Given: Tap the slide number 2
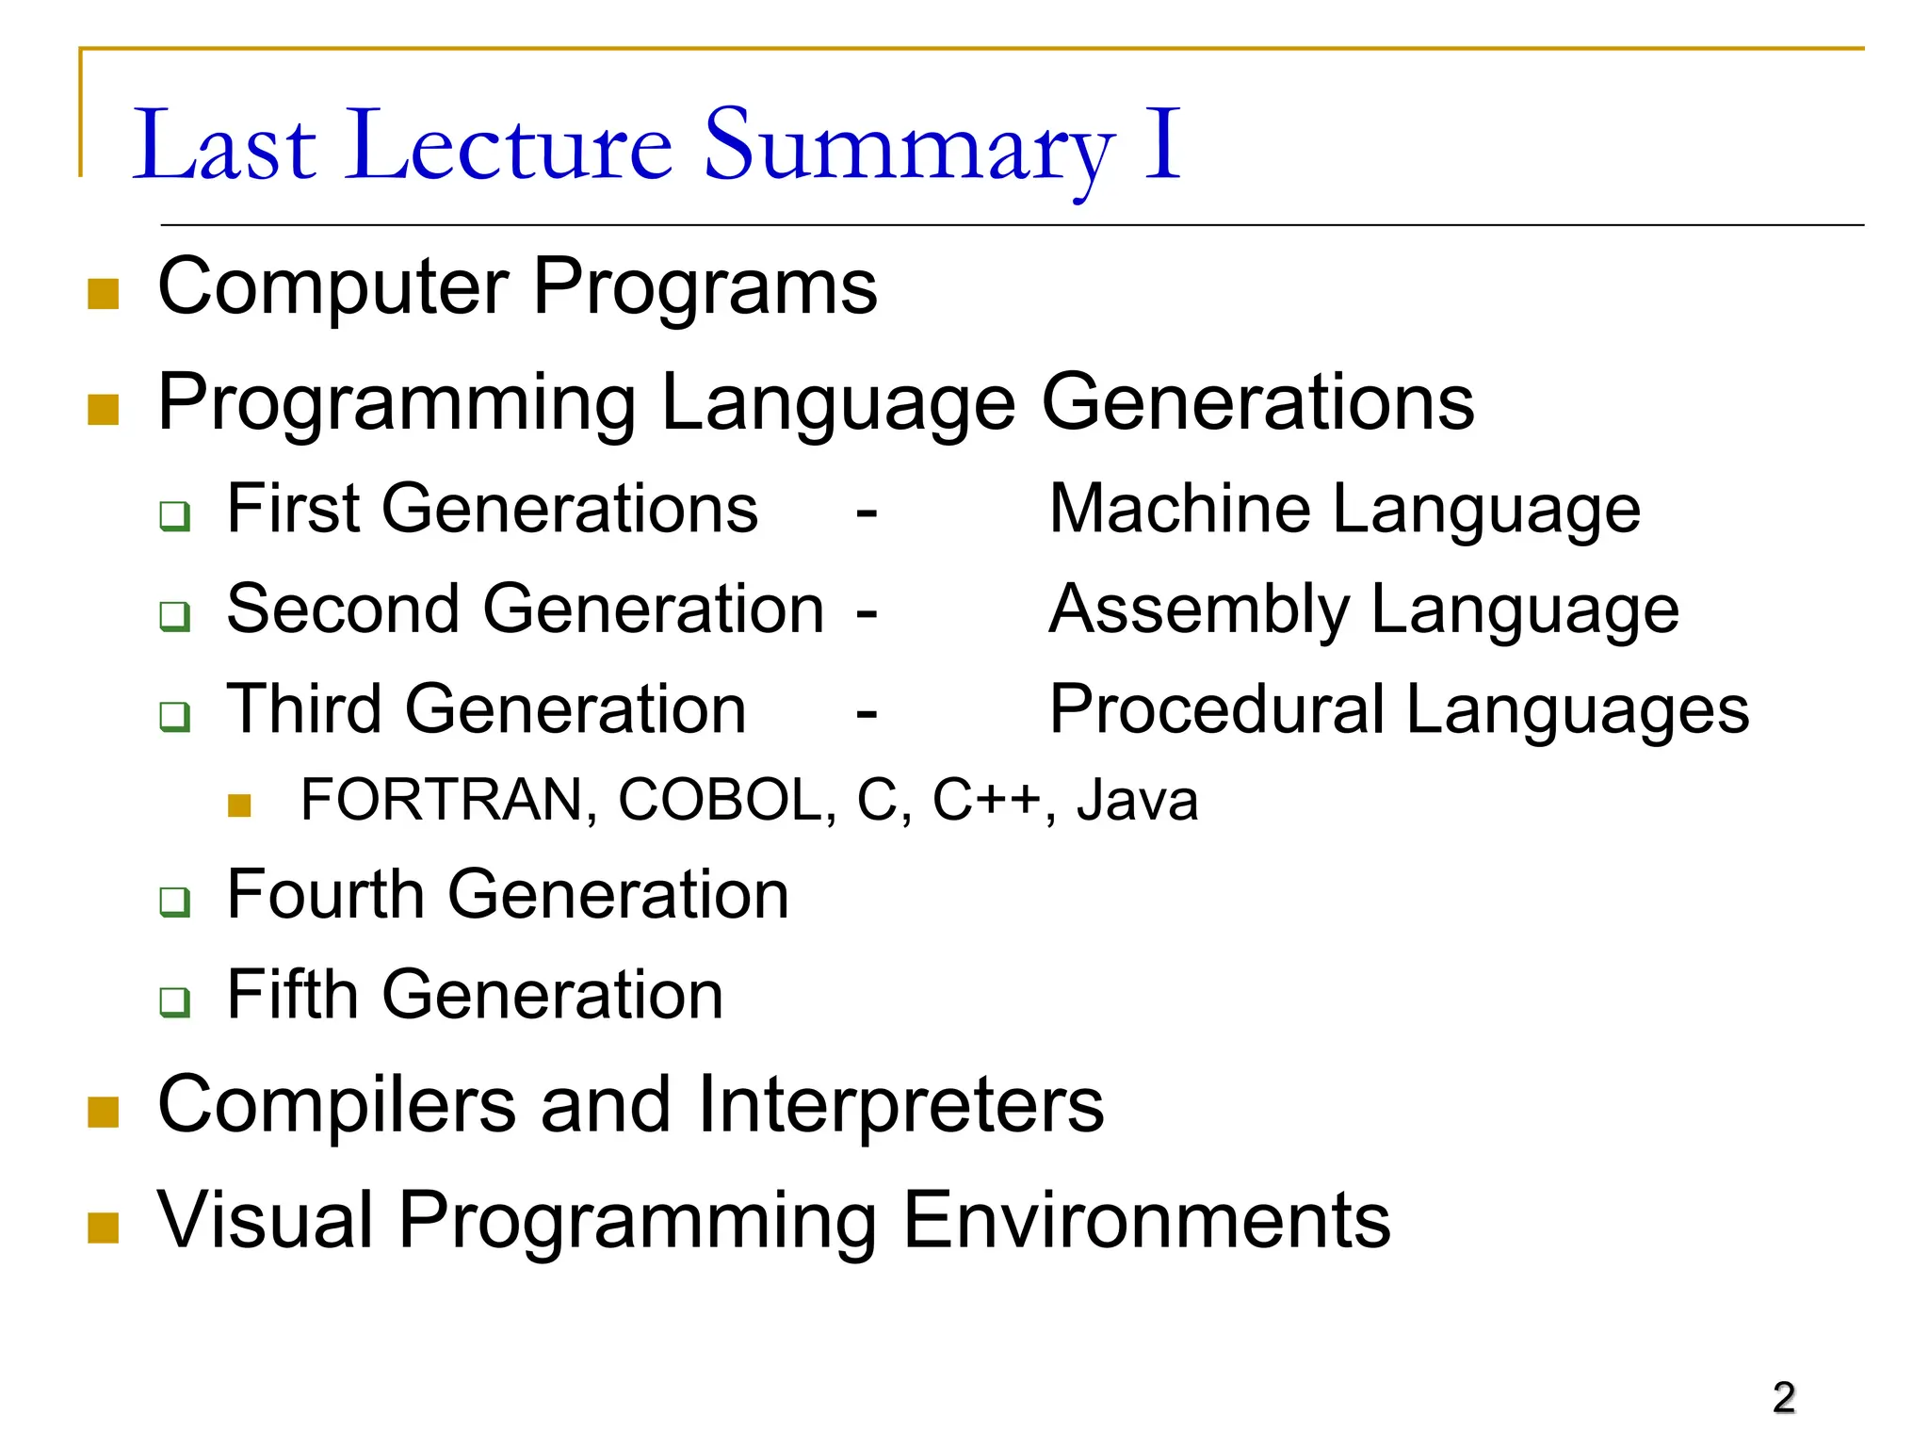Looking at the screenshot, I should tap(1783, 1398).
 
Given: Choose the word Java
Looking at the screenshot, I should tap(1138, 801).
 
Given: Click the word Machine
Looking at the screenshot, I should tap(1179, 510).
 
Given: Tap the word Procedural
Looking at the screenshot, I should tap(1216, 709).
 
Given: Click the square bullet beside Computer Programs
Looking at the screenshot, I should tap(103, 293).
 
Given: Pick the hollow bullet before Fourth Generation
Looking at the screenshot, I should tap(174, 902).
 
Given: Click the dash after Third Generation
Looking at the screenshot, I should tap(867, 713).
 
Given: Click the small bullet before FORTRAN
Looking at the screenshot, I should tap(239, 805).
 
